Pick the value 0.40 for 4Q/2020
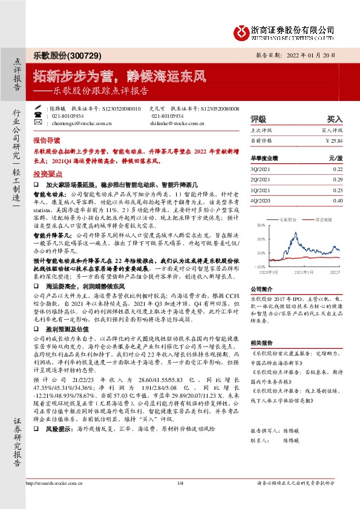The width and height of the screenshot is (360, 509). point(338,200)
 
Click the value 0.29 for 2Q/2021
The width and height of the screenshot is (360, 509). point(338,180)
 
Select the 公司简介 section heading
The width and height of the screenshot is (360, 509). point(263,289)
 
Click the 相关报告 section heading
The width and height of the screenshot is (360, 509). point(263,342)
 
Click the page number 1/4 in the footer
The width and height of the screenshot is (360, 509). point(180,500)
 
